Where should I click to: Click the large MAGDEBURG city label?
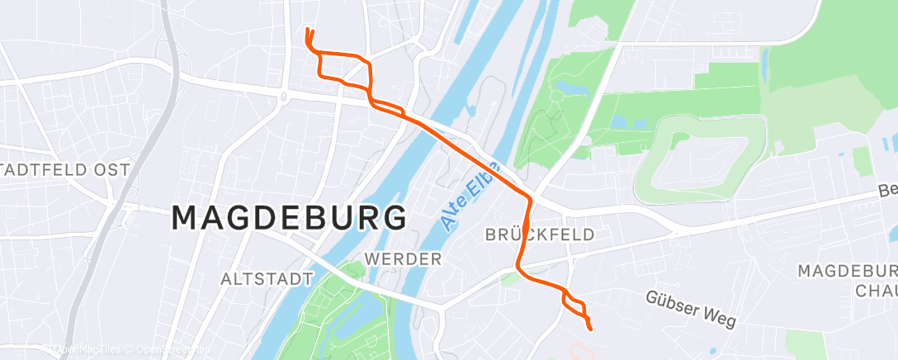(289, 218)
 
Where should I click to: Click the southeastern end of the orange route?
(591, 329)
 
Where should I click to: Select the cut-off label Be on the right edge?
(887, 190)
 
